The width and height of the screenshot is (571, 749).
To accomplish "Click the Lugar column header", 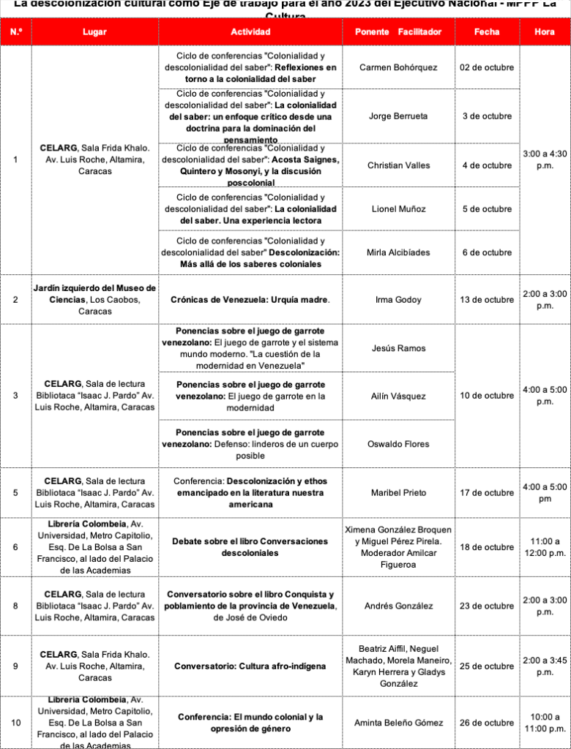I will (x=94, y=32).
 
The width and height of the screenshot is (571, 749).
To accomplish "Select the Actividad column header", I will (x=250, y=32).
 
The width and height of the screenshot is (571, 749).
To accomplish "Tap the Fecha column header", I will (x=487, y=32).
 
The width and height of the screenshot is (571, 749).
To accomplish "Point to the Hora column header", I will (x=545, y=32).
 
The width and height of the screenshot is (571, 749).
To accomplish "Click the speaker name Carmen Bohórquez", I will (x=398, y=67).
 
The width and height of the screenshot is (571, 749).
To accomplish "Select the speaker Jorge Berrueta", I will (x=398, y=116).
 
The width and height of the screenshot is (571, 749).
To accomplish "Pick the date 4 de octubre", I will (x=487, y=165).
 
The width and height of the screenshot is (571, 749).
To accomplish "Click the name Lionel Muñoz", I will (x=398, y=209).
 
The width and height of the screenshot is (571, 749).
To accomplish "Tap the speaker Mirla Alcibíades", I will (x=398, y=252).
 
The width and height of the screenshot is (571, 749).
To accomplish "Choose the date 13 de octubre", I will (x=487, y=300).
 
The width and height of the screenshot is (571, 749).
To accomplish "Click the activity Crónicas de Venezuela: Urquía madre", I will (x=250, y=300).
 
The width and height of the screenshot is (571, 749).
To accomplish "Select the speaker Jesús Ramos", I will (x=398, y=348).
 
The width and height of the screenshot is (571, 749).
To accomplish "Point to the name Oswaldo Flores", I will (x=398, y=444).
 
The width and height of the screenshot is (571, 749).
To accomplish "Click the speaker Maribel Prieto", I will (x=398, y=493).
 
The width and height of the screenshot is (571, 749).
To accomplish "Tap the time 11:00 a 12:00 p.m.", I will (x=545, y=547).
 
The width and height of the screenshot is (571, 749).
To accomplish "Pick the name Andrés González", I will (x=398, y=606).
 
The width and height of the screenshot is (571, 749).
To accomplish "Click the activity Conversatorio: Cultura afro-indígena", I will (x=250, y=666).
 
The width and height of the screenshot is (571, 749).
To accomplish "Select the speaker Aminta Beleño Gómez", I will (x=398, y=723).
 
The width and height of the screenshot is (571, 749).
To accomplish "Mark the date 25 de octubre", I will (x=487, y=666).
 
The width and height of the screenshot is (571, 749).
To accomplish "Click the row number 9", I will (x=16, y=666).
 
